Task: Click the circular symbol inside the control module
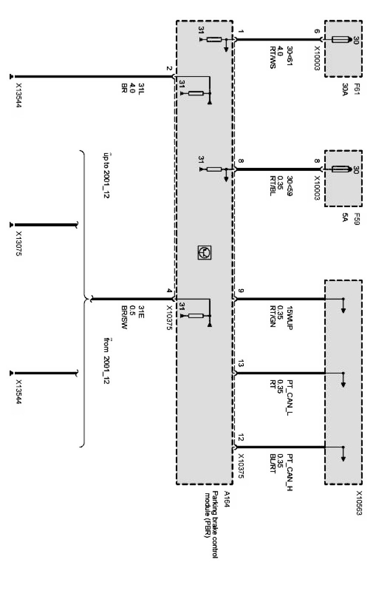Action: [x=204, y=253]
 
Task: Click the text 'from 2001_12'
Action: [x=106, y=360]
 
